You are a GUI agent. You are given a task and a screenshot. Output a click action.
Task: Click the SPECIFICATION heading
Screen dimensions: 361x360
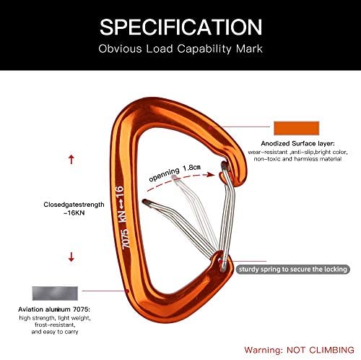coord(180,27)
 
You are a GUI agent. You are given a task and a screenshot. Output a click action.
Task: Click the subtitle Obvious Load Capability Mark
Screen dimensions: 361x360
coord(180,48)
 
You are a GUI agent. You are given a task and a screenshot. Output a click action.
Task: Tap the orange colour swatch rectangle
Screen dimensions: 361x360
coord(297,128)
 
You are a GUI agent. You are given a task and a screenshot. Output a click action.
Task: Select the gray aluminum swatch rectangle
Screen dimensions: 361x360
coord(55,293)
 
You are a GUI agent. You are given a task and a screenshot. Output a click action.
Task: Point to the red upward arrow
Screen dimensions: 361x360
coord(71,160)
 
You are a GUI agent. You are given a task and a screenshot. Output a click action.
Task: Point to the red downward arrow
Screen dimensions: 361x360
coord(71,257)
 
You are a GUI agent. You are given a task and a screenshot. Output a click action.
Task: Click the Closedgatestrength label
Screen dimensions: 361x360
coord(74,205)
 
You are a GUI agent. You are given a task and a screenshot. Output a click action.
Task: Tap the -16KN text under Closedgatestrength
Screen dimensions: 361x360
coord(74,213)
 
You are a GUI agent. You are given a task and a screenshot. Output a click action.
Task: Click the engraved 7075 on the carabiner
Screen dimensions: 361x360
coord(126,239)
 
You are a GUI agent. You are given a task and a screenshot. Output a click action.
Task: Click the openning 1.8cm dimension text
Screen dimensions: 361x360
coord(175,173)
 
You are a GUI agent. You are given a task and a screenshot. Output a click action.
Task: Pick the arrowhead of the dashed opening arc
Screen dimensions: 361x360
coord(211,174)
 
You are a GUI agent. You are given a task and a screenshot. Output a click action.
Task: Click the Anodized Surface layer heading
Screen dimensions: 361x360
coord(297,144)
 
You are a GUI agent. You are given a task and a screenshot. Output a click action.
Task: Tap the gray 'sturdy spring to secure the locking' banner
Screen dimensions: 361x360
coord(293,269)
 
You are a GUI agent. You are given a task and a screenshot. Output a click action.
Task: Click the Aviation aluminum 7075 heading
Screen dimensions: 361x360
coord(54,309)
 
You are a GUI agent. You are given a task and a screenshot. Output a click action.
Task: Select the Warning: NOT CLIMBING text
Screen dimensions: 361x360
coord(299,350)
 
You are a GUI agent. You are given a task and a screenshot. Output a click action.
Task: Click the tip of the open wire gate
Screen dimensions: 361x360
coord(145,202)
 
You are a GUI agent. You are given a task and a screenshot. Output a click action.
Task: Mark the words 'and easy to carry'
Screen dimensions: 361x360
coord(55,332)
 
